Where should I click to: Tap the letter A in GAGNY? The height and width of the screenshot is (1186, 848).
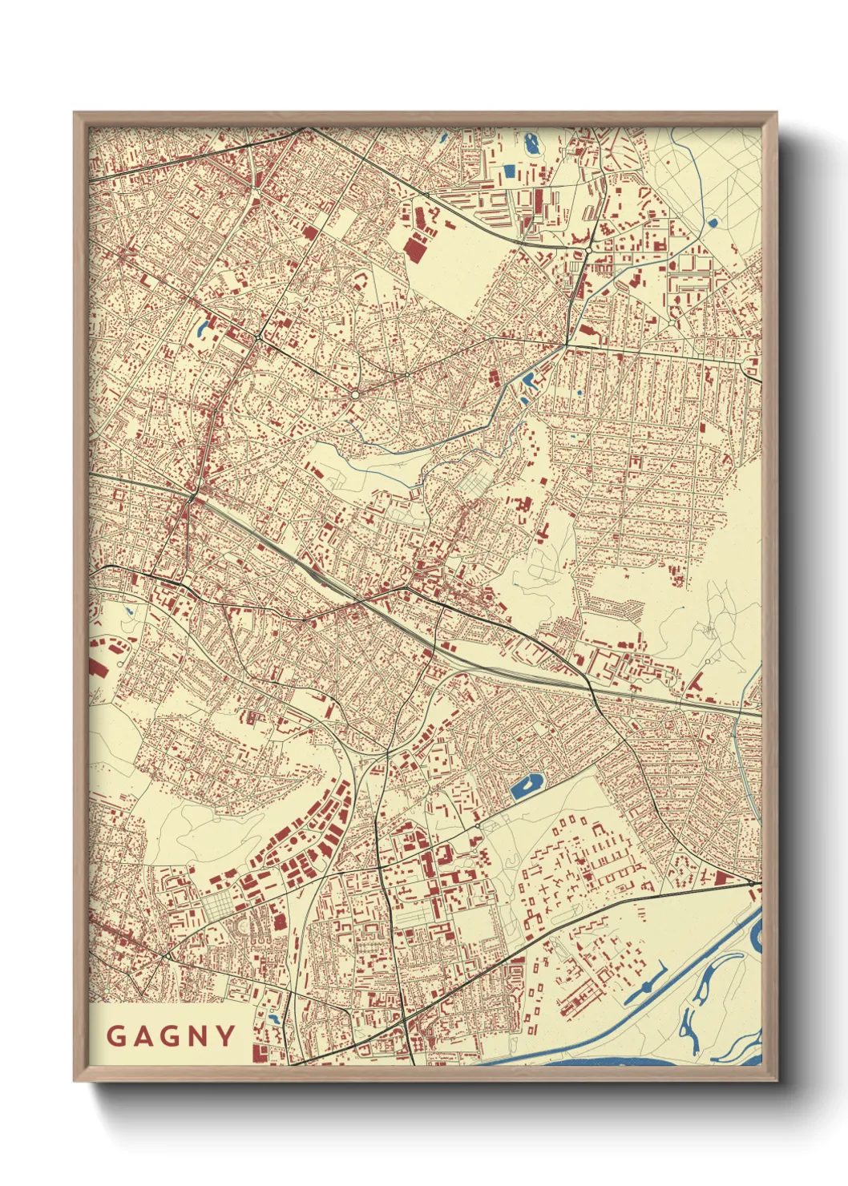point(144,1036)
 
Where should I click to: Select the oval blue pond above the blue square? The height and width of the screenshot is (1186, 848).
point(531,145)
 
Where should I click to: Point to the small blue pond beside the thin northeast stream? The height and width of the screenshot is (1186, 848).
point(712,223)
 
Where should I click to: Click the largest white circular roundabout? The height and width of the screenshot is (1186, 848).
point(355,394)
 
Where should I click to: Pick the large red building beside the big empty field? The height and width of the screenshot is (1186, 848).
point(414,247)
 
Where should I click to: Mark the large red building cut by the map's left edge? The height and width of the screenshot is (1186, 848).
point(97,667)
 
